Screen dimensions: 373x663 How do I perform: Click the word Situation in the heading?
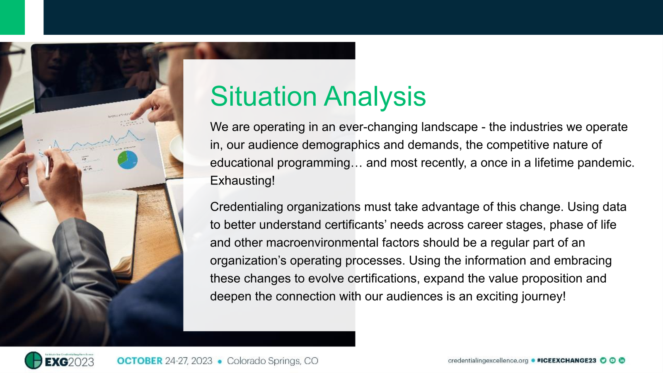[x=264, y=97]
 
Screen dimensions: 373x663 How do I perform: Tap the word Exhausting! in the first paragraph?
[x=242, y=181]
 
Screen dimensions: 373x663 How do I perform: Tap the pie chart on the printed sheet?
[x=128, y=160]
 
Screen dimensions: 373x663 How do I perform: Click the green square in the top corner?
[x=12, y=17]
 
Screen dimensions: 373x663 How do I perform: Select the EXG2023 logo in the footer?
[x=60, y=361]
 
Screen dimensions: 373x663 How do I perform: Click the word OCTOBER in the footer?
[x=140, y=361]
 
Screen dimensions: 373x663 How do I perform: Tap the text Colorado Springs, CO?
[x=272, y=361]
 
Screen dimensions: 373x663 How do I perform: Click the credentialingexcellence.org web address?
[x=488, y=361]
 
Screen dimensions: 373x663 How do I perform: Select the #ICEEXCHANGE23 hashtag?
[x=566, y=361]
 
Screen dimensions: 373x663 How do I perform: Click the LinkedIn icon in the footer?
[x=622, y=360]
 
